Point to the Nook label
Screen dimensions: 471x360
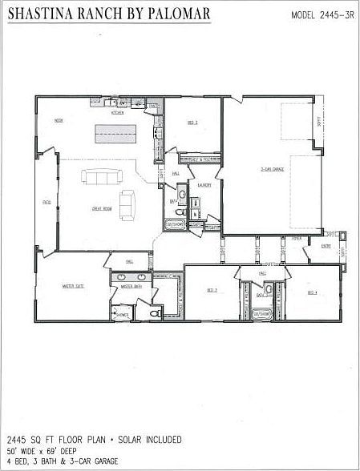[x=59, y=120]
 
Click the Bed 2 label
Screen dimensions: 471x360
[x=192, y=122]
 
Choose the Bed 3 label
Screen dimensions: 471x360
[x=212, y=290]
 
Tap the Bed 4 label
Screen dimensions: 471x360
[x=312, y=292]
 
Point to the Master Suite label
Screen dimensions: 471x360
[x=75, y=285]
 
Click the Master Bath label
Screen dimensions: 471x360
[x=131, y=285]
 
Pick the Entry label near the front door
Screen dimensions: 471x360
[x=326, y=246]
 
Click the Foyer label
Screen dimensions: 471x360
[x=296, y=238]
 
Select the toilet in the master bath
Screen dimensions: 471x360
[x=155, y=315]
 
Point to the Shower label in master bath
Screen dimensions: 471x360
[x=123, y=315]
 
